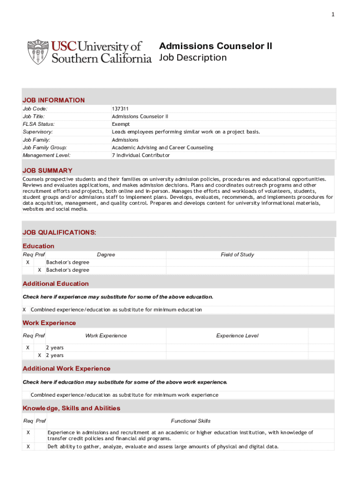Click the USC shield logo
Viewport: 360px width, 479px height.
pyautogui.click(x=38, y=52)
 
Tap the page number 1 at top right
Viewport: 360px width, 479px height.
pyautogui.click(x=333, y=15)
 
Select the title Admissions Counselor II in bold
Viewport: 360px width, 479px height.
pyautogui.click(x=216, y=46)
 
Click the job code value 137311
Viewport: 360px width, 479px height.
pyautogui.click(x=120, y=109)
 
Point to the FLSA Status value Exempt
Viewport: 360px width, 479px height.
pyautogui.click(x=121, y=124)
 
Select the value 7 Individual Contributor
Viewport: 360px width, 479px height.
pyautogui.click(x=141, y=155)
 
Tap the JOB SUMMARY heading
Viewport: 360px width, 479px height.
pyautogui.click(x=47, y=171)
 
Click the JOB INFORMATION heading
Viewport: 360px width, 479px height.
pyautogui.click(x=54, y=100)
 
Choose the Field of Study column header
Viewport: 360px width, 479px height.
pyautogui.click(x=237, y=254)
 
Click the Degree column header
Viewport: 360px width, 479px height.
pyautogui.click(x=106, y=254)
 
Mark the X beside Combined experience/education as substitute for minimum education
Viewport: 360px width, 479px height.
pyautogui.click(x=24, y=310)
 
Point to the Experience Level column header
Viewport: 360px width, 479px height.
pyautogui.click(x=237, y=335)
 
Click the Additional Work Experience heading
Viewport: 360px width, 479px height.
pyautogui.click(x=66, y=369)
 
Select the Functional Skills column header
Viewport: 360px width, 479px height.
pyautogui.click(x=191, y=421)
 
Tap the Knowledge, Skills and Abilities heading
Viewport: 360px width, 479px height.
pyautogui.click(x=72, y=408)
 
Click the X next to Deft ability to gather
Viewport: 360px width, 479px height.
pyautogui.click(x=28, y=446)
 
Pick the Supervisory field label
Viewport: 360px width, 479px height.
pyautogui.click(x=38, y=132)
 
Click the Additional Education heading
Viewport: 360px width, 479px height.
pyautogui.click(x=56, y=283)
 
